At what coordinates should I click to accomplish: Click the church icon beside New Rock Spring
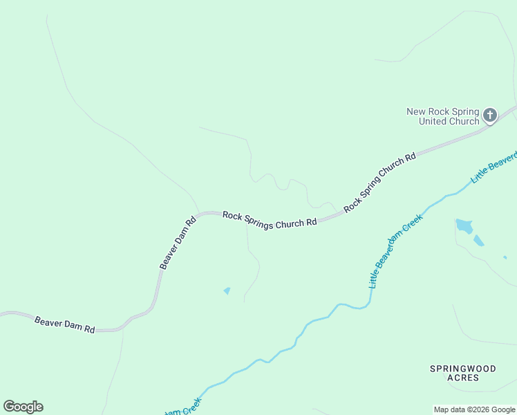[x=490, y=115]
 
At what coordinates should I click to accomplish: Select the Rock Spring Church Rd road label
[x=380, y=182]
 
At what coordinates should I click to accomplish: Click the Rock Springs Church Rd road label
[x=270, y=219]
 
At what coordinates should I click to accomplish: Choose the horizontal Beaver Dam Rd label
[x=64, y=324]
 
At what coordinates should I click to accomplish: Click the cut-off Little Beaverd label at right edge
[x=493, y=168]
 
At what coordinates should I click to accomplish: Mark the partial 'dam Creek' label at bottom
[x=182, y=408]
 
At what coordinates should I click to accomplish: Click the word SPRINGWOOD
[x=463, y=369]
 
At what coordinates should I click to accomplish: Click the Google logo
[x=23, y=407]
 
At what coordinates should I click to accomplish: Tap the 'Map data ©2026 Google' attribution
[x=474, y=409]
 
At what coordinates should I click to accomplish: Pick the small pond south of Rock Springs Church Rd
[x=227, y=290]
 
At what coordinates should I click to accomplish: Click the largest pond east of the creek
[x=464, y=225]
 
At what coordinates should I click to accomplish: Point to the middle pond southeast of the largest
[x=478, y=241]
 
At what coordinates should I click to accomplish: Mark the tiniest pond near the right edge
[x=505, y=257]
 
